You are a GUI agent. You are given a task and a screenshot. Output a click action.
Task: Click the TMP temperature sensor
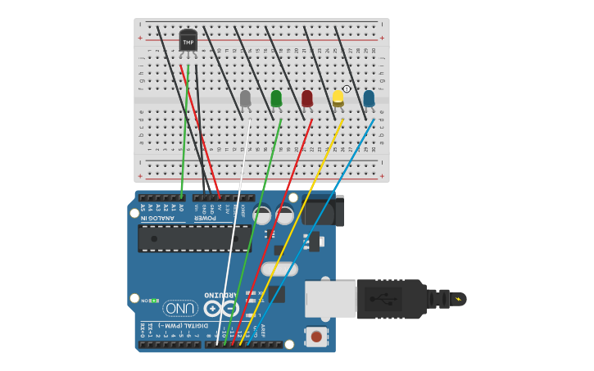(x=188, y=41)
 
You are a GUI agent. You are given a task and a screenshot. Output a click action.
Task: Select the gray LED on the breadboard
(x=245, y=98)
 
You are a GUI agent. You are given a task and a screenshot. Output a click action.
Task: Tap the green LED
(x=276, y=98)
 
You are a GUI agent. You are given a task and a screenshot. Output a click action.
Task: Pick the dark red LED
(x=307, y=98)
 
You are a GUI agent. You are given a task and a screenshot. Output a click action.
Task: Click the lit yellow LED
(x=338, y=98)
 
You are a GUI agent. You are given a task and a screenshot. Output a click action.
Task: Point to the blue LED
(x=369, y=98)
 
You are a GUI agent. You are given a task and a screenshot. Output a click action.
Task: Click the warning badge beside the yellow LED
(x=347, y=88)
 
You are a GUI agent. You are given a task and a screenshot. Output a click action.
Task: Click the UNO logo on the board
(x=180, y=308)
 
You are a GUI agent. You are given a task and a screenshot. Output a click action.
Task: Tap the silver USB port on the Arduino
(x=330, y=299)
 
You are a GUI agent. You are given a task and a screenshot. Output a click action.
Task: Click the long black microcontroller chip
(x=195, y=238)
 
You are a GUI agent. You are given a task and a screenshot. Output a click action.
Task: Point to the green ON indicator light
(x=153, y=301)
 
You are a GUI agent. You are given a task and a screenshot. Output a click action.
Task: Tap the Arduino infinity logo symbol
(x=221, y=309)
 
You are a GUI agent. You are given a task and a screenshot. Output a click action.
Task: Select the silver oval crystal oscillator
(x=279, y=269)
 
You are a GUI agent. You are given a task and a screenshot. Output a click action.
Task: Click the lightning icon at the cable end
(x=458, y=299)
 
